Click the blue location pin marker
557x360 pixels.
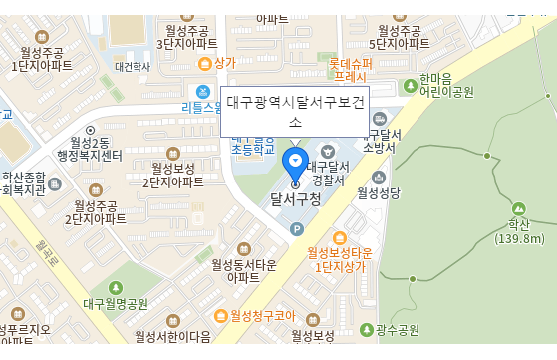pyautogui.click(x=295, y=163)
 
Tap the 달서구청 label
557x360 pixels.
pyautogui.click(x=295, y=199)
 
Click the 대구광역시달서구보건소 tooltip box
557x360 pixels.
pyautogui.click(x=295, y=111)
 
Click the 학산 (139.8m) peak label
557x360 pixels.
pyautogui.click(x=519, y=230)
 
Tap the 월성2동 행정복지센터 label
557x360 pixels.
pyautogui.click(x=90, y=149)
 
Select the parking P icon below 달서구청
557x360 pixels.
pyautogui.click(x=295, y=229)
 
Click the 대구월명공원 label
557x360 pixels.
pyautogui.click(x=116, y=303)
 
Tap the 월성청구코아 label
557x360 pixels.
pyautogui.click(x=263, y=315)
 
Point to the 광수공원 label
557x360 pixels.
pyautogui.click(x=397, y=330)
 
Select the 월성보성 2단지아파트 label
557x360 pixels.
pyautogui.click(x=172, y=175)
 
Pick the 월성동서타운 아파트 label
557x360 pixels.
pyautogui.click(x=243, y=270)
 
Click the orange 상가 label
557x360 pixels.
pyautogui.click(x=224, y=62)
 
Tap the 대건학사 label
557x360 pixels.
pyautogui.click(x=133, y=67)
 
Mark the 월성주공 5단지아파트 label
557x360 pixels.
pyautogui.click(x=399, y=37)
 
